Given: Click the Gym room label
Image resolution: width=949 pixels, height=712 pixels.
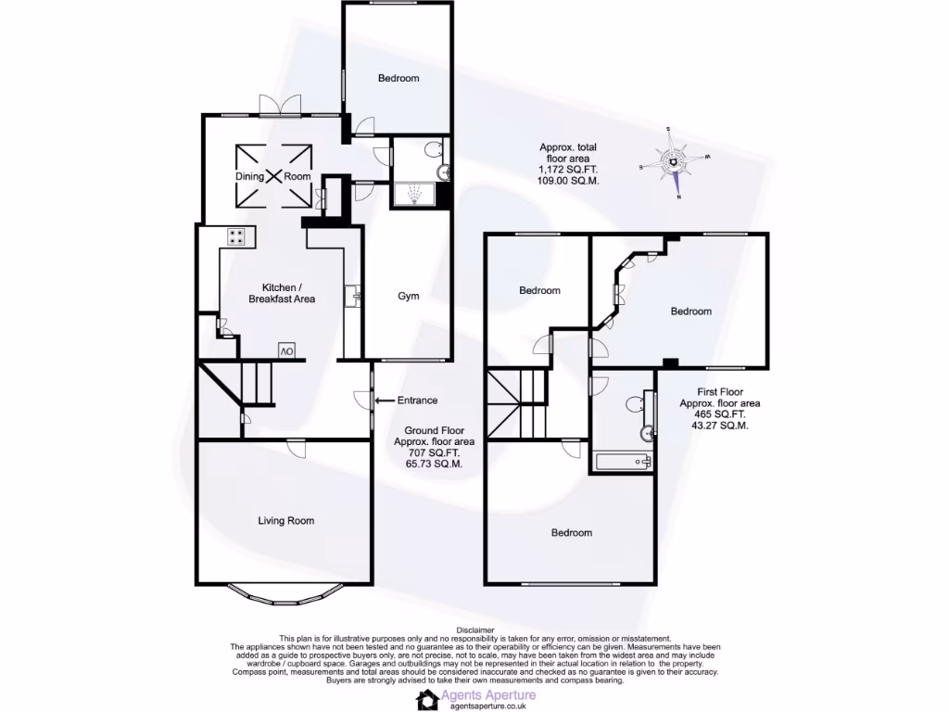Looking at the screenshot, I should (409, 297).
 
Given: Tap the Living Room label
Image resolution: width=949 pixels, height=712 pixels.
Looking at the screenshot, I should (285, 521).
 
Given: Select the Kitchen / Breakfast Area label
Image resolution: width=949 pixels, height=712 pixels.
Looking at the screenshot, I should (282, 293).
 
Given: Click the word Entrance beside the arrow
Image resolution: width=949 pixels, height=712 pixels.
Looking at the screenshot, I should (417, 400).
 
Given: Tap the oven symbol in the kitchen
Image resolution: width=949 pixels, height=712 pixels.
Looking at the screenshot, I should (286, 350).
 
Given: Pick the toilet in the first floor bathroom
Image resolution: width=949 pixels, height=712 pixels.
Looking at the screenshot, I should (636, 403).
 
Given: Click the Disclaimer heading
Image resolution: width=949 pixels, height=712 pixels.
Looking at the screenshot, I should (474, 629).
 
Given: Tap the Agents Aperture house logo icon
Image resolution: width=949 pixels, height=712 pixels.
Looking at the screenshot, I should (428, 699).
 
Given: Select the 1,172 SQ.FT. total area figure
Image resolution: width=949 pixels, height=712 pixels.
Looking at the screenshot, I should (569, 171).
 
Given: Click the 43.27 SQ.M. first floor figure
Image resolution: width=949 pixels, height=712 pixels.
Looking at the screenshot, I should (719, 426).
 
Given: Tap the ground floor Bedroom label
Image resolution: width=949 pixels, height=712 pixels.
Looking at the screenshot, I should (399, 78).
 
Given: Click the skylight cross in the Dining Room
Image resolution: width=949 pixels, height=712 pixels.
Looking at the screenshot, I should (272, 175).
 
